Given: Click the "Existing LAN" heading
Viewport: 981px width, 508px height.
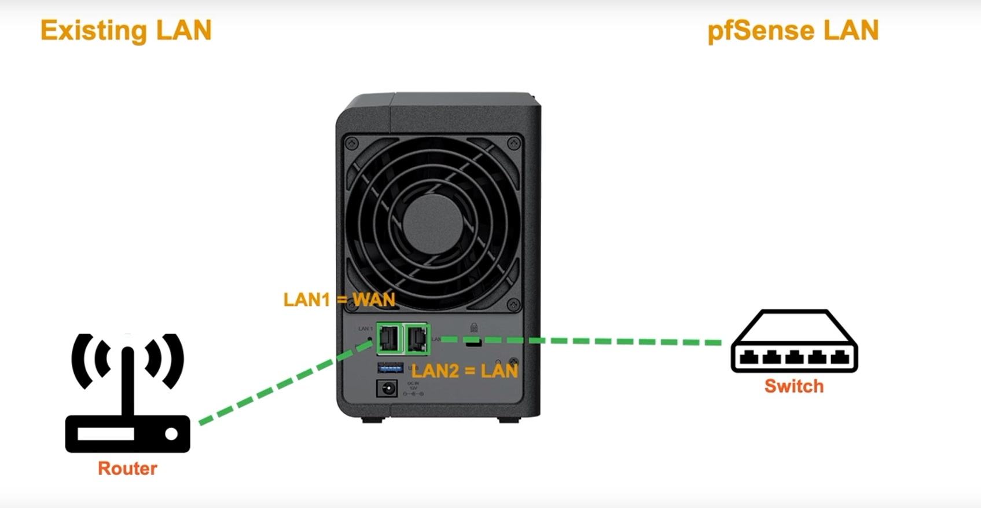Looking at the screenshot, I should pos(126,31).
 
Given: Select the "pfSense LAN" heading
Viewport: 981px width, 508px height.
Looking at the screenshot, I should pos(793,31).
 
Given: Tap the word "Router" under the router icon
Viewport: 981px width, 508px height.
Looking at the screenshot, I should pos(127,468).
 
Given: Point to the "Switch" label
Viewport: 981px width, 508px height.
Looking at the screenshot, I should pos(793,386).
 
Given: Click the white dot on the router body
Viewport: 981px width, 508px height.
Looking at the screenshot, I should pos(171,433).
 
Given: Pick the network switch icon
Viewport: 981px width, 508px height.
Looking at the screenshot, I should pos(794,342).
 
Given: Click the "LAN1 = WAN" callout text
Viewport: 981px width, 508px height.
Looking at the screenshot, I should pos(339,299).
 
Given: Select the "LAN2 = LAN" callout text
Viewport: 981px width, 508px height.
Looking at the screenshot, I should pos(464,371).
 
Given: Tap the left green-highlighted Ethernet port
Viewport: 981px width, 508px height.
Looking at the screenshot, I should pos(388,338).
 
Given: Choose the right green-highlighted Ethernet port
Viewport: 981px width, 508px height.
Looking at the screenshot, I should pos(417,338).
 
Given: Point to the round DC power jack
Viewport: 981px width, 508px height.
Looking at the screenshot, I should pos(387,388).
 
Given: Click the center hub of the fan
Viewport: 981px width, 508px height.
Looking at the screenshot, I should pos(433,223).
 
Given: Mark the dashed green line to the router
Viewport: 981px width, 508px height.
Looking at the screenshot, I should pos(284,383).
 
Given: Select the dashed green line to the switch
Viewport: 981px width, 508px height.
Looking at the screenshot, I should pos(579,341).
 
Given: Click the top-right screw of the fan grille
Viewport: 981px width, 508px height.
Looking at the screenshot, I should pos(513,142).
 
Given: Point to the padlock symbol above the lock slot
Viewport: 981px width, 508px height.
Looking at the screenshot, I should pos(474,328).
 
